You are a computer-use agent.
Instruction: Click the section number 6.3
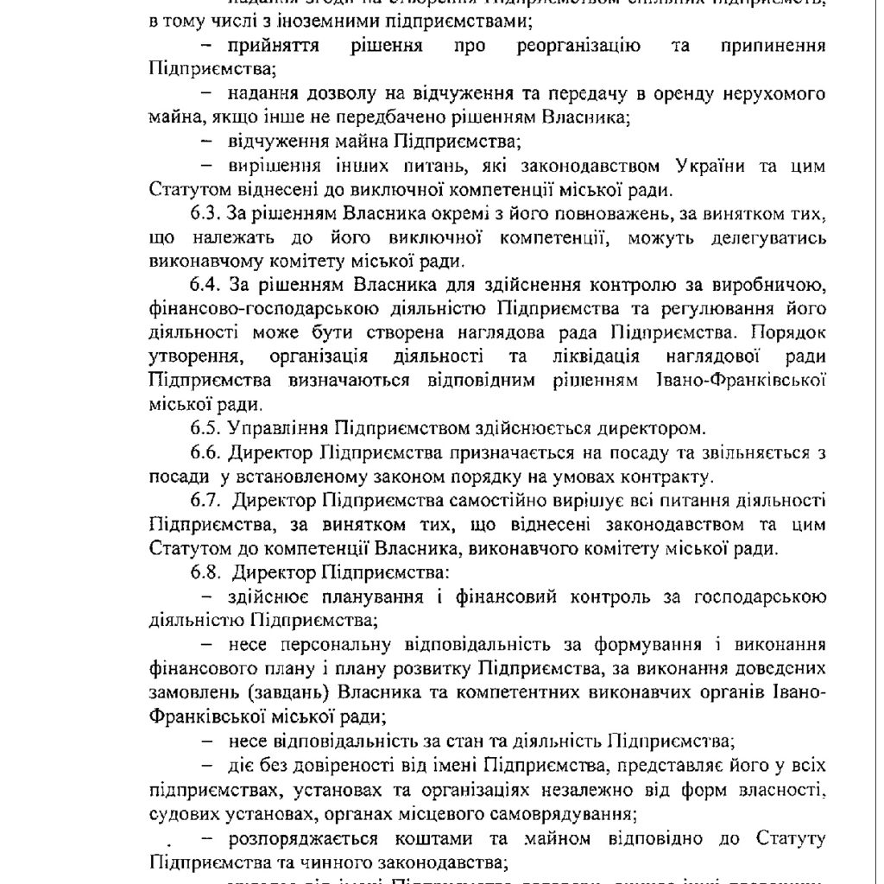point(205,213)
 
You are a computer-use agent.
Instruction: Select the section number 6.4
point(205,285)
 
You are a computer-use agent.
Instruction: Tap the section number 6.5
point(205,427)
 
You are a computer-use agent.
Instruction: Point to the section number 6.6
point(205,451)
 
